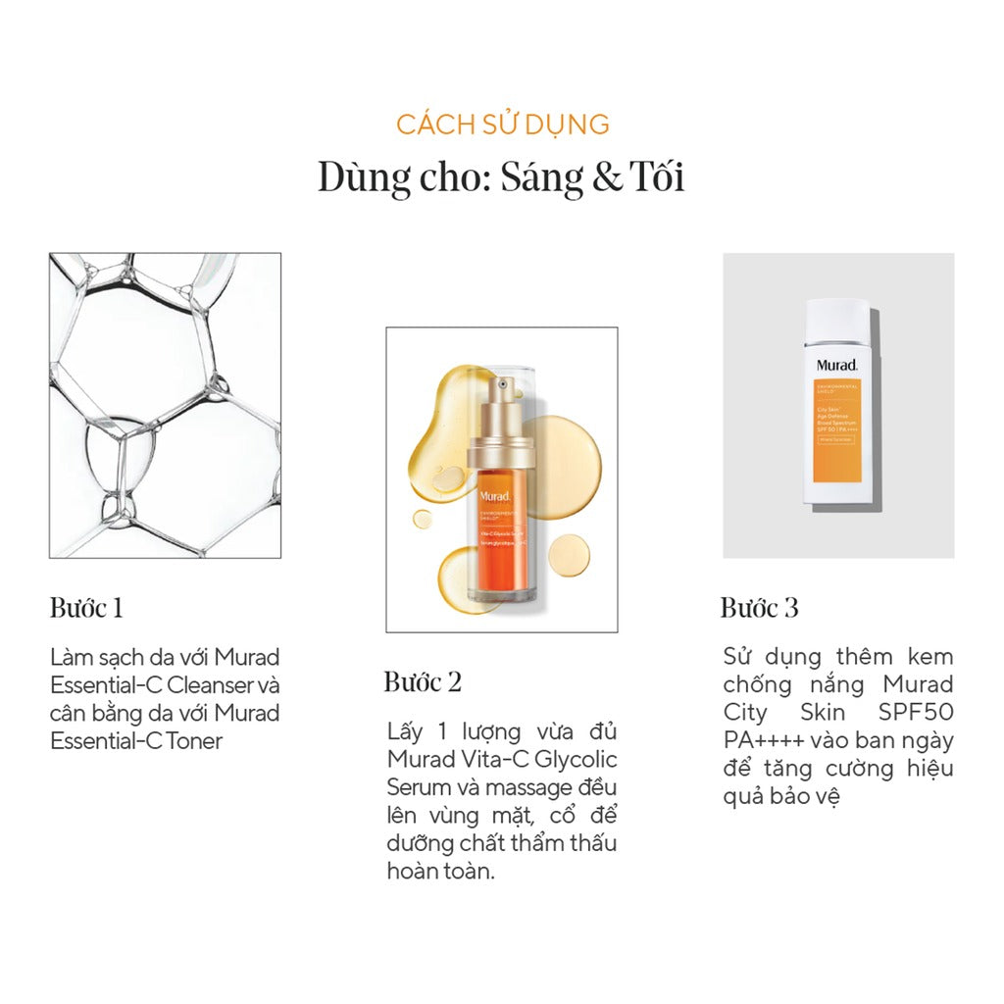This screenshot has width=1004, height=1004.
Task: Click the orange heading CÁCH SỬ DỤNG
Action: click(502, 125)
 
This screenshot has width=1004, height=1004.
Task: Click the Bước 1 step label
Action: click(86, 608)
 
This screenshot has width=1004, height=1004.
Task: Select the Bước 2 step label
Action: click(422, 682)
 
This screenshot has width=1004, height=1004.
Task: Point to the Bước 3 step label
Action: click(759, 608)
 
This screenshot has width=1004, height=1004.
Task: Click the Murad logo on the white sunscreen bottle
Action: click(836, 366)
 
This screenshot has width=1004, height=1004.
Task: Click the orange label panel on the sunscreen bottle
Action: click(837, 431)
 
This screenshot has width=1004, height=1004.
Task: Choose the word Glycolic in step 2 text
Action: click(576, 759)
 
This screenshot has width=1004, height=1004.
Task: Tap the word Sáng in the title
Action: click(535, 178)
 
